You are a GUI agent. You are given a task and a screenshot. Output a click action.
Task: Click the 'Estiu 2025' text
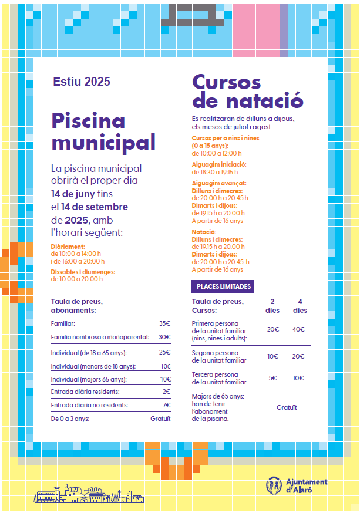point(81,82)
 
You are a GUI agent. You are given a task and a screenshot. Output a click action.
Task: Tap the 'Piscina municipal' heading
point(103,131)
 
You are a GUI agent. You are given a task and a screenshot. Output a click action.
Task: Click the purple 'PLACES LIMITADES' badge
point(223,286)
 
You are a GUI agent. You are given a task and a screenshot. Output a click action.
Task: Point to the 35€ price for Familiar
point(164,323)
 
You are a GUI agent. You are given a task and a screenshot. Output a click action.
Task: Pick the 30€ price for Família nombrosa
point(164,338)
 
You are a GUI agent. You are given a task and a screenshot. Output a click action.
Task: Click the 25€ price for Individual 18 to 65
point(164,353)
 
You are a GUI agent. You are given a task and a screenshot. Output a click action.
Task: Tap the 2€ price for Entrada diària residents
point(166,392)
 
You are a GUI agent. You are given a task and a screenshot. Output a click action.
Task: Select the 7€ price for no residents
point(166,405)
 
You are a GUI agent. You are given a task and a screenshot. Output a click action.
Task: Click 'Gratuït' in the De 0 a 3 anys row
point(160,419)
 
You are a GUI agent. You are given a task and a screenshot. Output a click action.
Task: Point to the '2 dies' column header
point(272,306)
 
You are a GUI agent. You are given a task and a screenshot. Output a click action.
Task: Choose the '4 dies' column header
point(300,306)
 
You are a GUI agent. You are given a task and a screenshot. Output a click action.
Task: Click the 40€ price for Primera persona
point(298,329)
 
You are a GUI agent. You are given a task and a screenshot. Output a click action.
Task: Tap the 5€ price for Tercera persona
point(272,378)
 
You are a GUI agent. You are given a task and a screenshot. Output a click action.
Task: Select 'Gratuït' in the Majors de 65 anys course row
point(287,407)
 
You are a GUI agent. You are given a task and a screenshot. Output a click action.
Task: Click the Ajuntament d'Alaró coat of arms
point(273,485)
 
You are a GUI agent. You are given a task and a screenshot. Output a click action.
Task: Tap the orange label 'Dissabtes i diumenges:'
point(83,272)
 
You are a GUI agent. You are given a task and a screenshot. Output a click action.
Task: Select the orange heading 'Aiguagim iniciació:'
point(219,164)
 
